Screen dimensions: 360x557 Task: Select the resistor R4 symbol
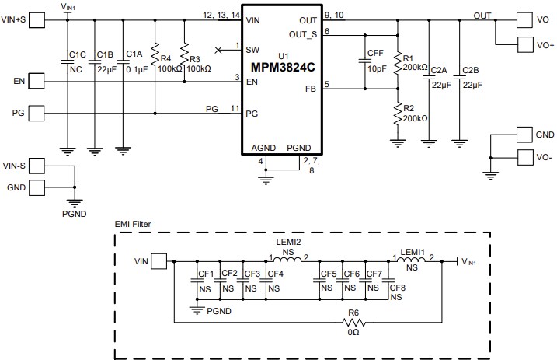tap(155, 56)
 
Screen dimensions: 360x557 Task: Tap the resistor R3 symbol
tap(184, 56)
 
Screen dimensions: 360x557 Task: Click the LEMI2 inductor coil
tap(289, 260)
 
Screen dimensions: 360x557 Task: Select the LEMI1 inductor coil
tap(412, 260)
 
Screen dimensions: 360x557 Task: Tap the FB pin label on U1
tap(310, 89)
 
